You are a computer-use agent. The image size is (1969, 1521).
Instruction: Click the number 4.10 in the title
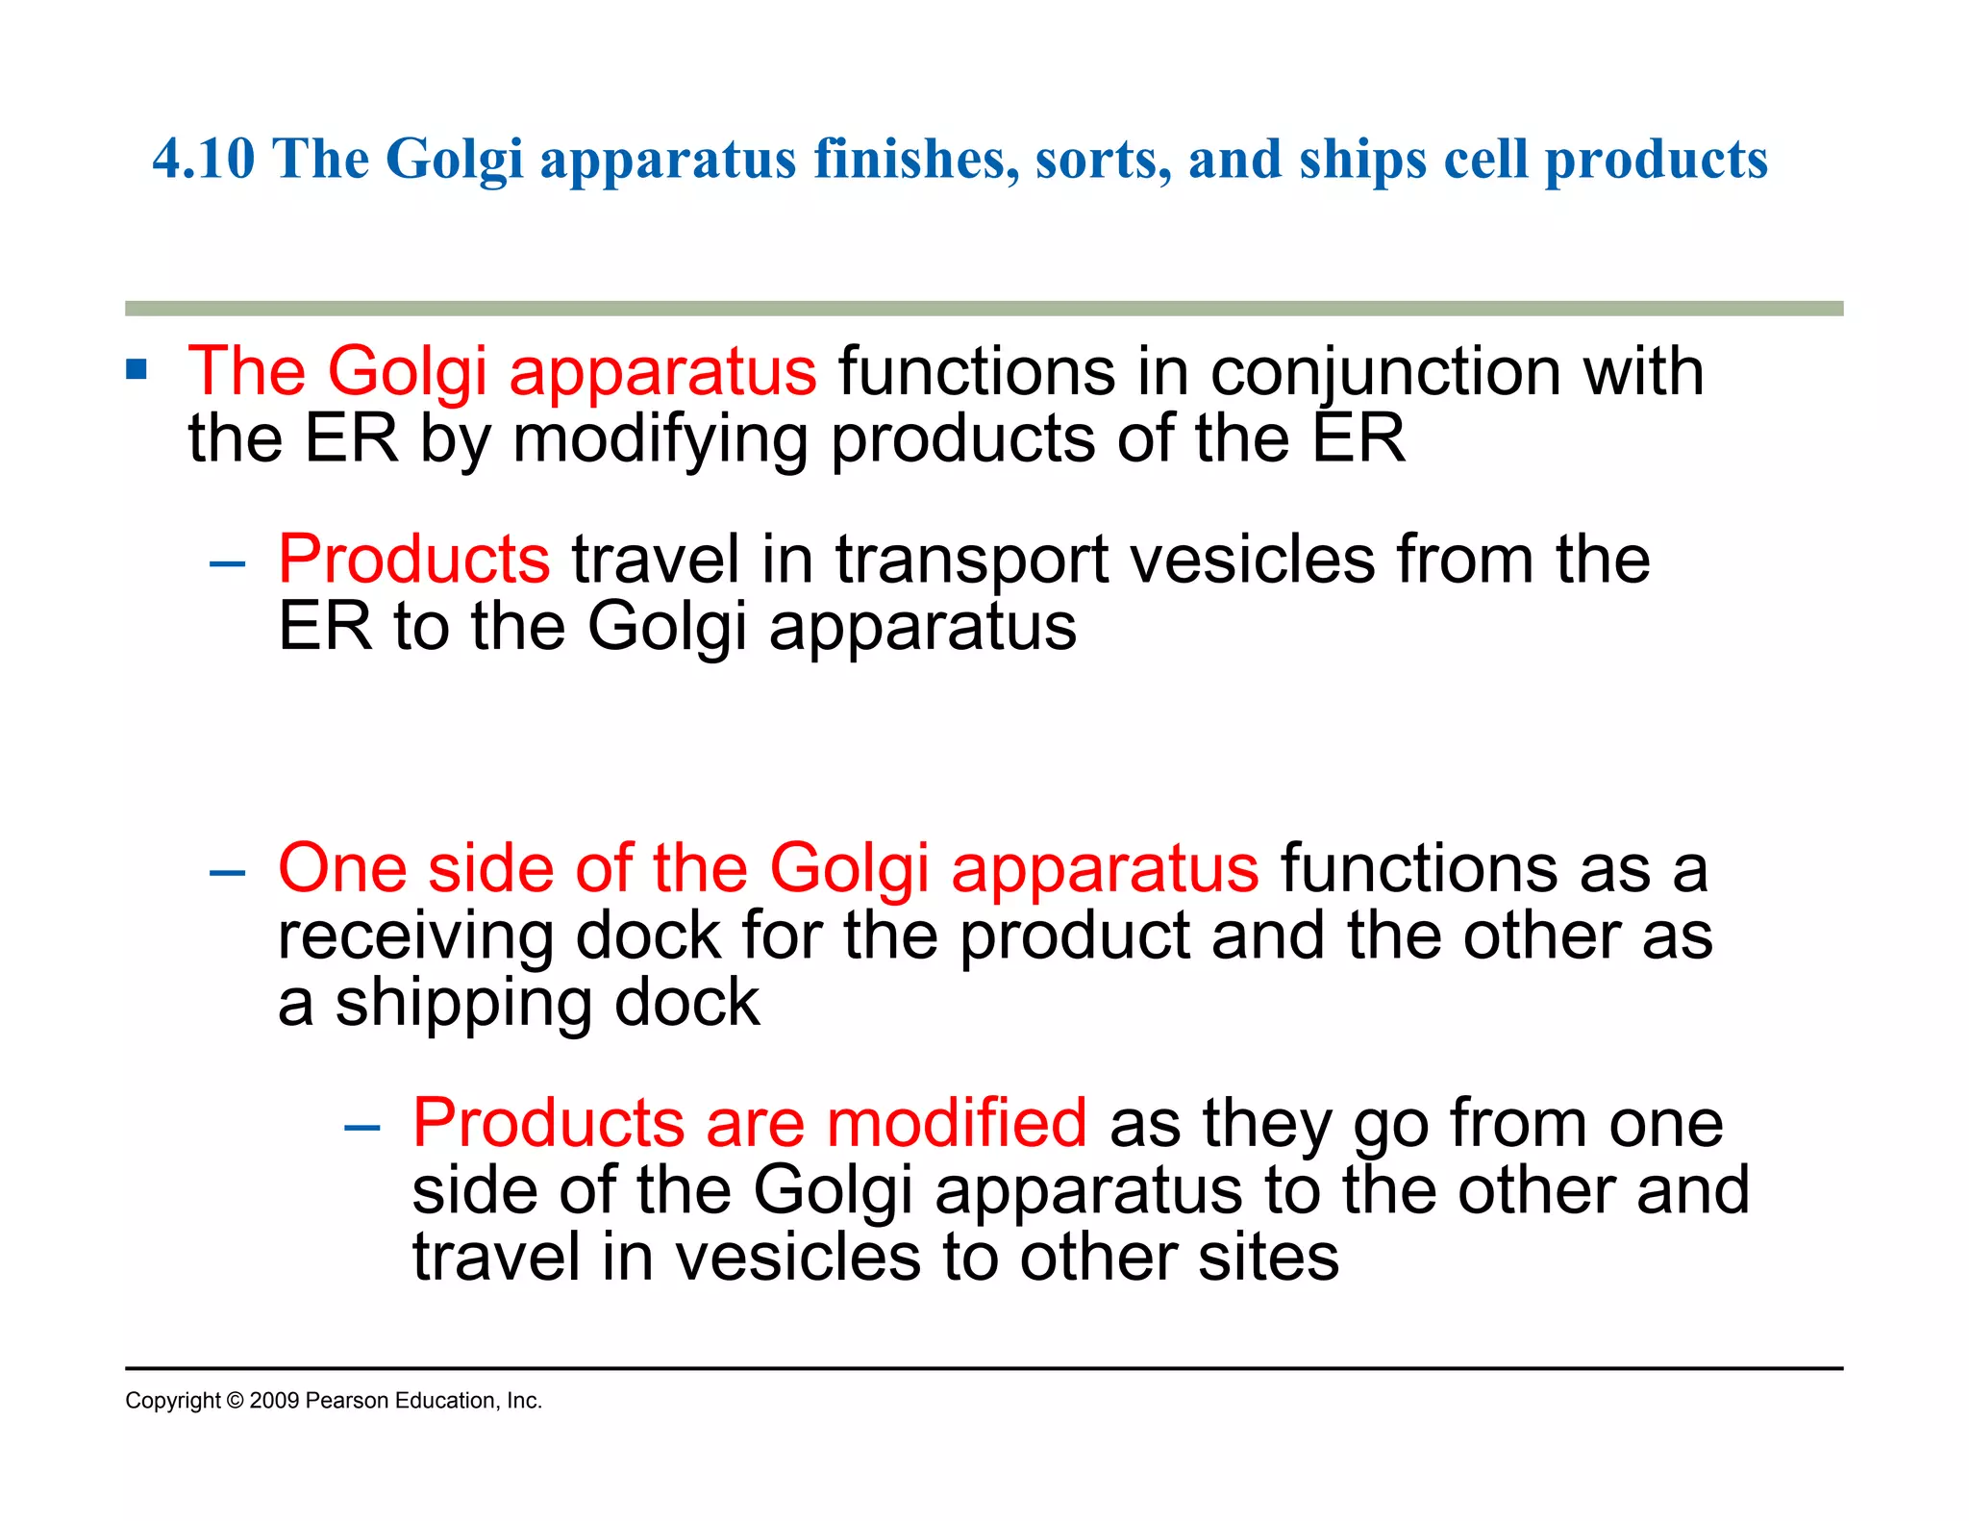pyautogui.click(x=204, y=159)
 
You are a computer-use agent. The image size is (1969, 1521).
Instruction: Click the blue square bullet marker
pyautogui.click(x=137, y=370)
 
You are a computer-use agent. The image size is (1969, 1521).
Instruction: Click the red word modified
pyautogui.click(x=956, y=1123)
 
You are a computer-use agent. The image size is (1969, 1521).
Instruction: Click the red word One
pyautogui.click(x=341, y=868)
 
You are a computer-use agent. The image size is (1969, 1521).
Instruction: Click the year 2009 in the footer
pyautogui.click(x=274, y=1401)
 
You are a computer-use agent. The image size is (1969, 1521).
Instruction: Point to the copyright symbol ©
pyautogui.click(x=235, y=1401)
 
